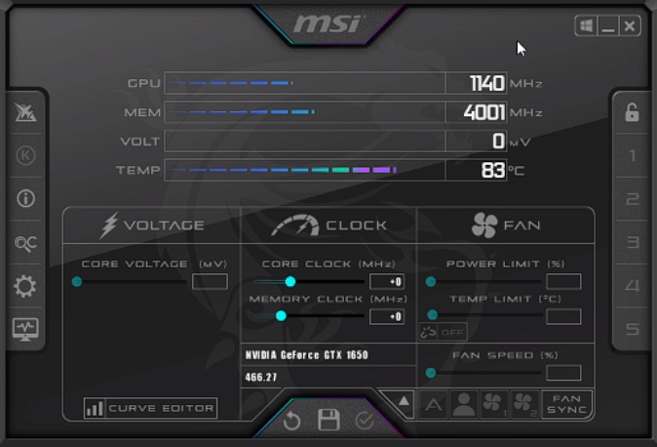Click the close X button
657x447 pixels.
pyautogui.click(x=630, y=26)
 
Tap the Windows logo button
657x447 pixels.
pyautogui.click(x=586, y=26)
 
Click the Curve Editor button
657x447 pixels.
pyautogui.click(x=150, y=408)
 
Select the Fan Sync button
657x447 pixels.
pyautogui.click(x=567, y=404)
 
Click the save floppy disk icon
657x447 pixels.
pyautogui.click(x=328, y=420)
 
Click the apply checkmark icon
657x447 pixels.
pyautogui.click(x=365, y=420)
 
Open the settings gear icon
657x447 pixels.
pyautogui.click(x=25, y=287)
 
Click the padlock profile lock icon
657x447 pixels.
pyautogui.click(x=632, y=112)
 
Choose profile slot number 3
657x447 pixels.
pyautogui.click(x=633, y=242)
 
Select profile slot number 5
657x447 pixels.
pyautogui.click(x=633, y=329)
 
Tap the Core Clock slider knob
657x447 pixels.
pyautogui.click(x=290, y=282)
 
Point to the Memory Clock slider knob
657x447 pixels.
pyautogui.click(x=281, y=315)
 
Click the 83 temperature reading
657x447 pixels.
pyautogui.click(x=493, y=170)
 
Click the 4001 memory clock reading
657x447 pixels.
pyautogui.click(x=483, y=112)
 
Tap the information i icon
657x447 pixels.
pyautogui.click(x=25, y=198)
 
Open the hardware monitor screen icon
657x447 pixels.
pyautogui.click(x=25, y=330)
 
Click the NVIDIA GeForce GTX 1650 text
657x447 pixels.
pyautogui.click(x=307, y=355)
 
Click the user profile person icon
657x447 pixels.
pyautogui.click(x=464, y=404)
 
